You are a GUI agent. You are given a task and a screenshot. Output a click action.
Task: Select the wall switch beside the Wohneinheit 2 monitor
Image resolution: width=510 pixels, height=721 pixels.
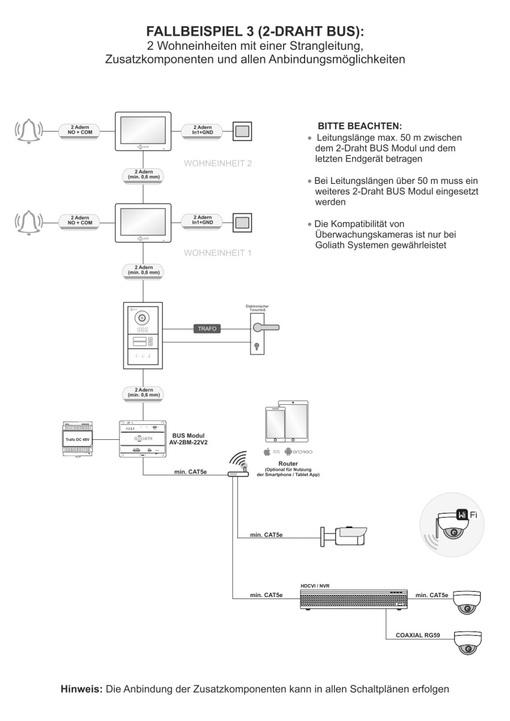tap(242, 130)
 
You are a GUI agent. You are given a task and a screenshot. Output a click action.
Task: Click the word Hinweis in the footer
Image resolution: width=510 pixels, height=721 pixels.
tap(82, 689)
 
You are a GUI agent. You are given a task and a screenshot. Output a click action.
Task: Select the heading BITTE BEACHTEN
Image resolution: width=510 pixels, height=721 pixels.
tap(359, 126)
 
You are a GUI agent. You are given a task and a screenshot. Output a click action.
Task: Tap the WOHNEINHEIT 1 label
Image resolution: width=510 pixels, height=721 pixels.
tap(217, 253)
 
